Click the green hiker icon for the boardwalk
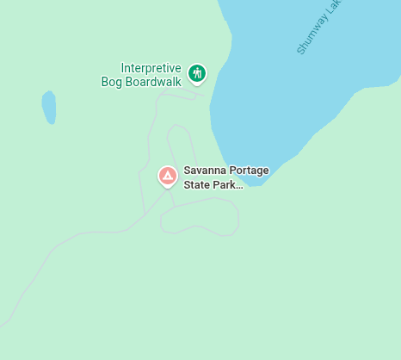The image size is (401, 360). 198,73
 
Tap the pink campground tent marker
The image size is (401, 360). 168,176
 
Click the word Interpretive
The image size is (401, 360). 151,68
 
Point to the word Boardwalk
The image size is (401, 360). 154,82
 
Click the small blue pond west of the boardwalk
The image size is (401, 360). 49,107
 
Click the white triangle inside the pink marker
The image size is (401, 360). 168,176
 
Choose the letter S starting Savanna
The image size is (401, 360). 188,171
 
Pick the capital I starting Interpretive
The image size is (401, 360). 123,68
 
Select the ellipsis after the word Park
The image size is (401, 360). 240,186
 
